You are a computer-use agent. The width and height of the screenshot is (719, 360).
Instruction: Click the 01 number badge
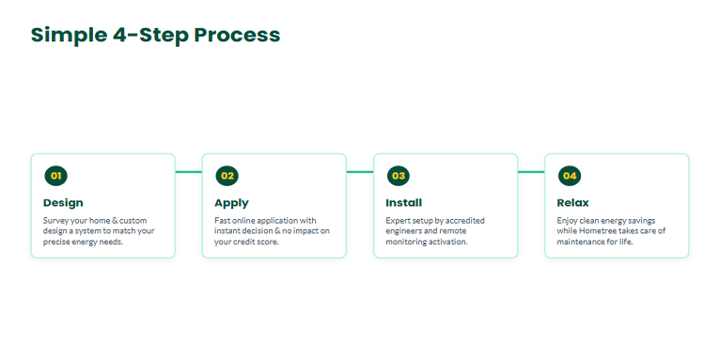coord(56,176)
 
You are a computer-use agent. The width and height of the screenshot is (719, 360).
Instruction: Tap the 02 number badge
coord(227,176)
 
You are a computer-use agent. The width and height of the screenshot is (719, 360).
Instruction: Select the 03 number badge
coord(399,176)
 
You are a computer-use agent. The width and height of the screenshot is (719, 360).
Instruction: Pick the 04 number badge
coord(570,176)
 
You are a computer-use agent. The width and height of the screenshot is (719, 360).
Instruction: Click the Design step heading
coord(63,203)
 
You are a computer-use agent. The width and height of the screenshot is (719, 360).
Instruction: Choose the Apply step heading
coord(231,203)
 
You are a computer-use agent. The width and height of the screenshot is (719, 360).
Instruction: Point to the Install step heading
coord(404,203)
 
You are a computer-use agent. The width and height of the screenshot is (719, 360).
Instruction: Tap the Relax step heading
coord(572,203)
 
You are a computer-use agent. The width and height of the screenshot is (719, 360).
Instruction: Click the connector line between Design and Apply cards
coord(189,172)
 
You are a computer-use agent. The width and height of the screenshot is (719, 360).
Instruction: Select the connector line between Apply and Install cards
coord(360,172)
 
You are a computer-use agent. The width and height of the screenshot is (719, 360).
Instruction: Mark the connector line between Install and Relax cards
coord(531,172)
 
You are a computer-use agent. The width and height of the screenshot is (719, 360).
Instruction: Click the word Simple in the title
coord(69,36)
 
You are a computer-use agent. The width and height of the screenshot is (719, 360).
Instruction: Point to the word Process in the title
coord(237,35)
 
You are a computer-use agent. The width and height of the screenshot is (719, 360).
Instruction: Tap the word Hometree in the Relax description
coord(597,230)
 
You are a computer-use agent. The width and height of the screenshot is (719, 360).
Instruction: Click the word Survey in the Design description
coord(55,221)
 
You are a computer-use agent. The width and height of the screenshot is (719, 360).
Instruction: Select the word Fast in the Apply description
coord(223,221)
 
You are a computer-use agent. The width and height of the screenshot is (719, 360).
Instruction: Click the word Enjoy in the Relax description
coord(568,221)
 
